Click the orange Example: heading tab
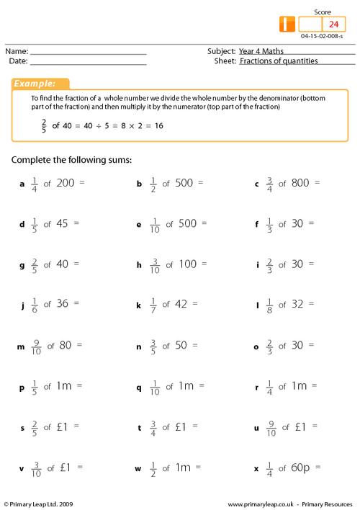click(x=40, y=84)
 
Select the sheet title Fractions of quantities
click(x=279, y=61)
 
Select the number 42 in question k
click(x=180, y=304)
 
